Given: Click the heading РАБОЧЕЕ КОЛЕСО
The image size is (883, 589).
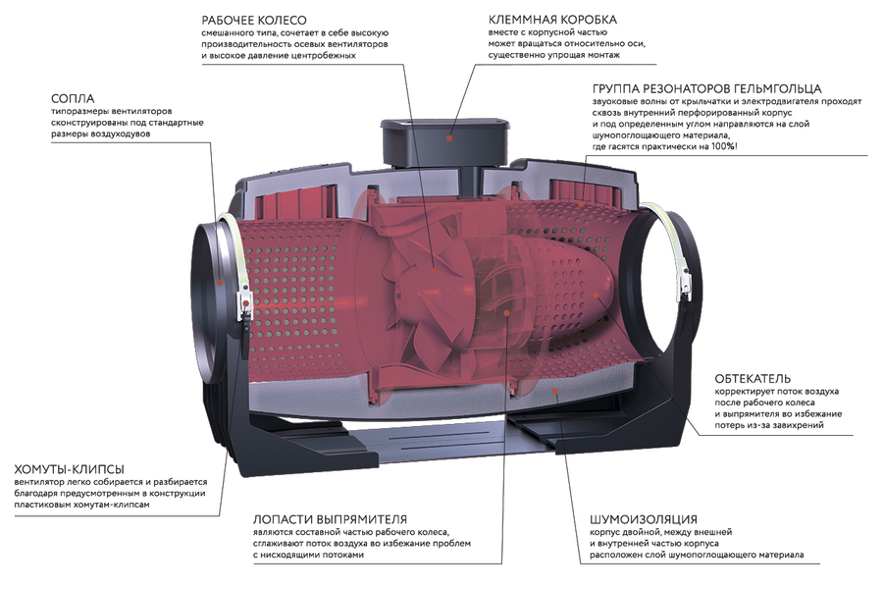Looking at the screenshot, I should point(254,19).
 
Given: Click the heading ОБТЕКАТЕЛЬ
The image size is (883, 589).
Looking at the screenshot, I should point(753,378).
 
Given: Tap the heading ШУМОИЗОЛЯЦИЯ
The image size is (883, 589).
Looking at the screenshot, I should point(644,518).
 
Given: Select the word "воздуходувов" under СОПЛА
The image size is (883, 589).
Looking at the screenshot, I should point(124,134).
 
